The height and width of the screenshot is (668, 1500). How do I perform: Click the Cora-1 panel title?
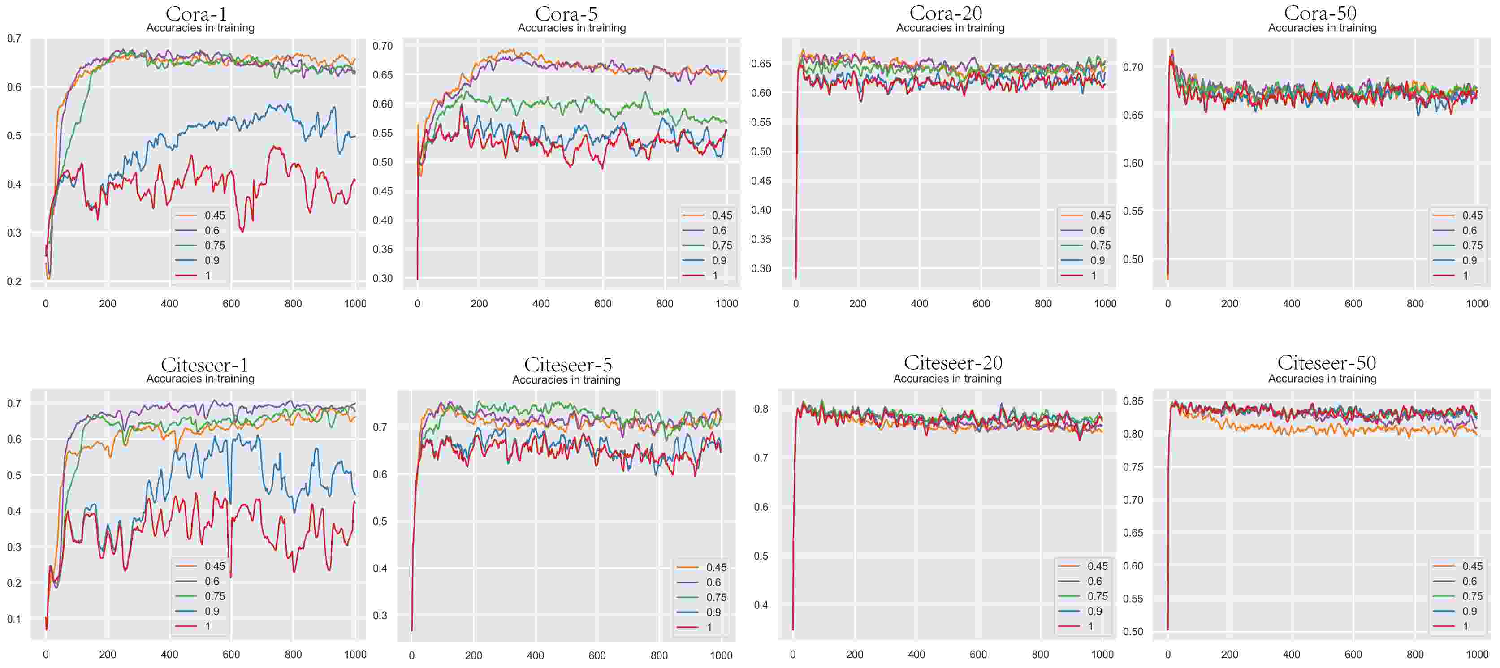tap(196, 13)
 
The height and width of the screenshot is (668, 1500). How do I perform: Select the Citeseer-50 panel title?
tap(1327, 362)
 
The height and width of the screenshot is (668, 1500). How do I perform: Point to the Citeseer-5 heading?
tap(568, 364)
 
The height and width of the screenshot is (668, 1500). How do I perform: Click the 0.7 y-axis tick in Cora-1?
tap(14, 39)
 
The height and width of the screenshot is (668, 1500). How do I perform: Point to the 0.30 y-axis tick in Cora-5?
tap(383, 279)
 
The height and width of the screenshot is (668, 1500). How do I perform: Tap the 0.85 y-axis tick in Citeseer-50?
tap(1133, 401)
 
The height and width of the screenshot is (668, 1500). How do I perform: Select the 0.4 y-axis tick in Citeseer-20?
tap(761, 605)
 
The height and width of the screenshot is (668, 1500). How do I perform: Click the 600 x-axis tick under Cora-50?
tap(1353, 304)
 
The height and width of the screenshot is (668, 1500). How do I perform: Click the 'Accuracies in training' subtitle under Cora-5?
tap(572, 28)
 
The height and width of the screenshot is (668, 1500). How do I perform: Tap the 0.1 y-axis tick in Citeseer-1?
tap(14, 619)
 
